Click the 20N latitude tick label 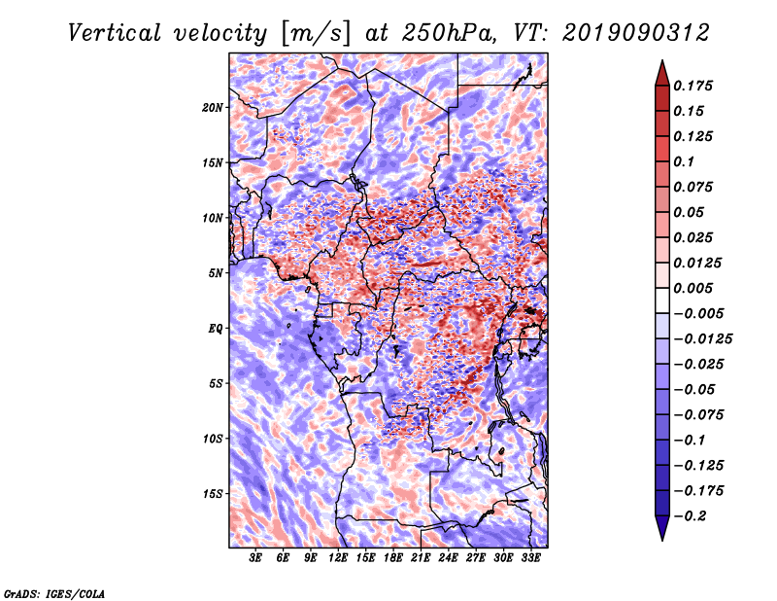click(213, 108)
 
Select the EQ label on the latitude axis click(216, 329)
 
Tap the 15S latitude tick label click(213, 494)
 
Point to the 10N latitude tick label click(213, 218)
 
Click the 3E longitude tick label click(255, 558)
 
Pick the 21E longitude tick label click(421, 558)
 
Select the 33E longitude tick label click(530, 558)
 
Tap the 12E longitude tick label click(338, 558)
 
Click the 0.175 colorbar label click(693, 86)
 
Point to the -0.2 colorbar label click(691, 516)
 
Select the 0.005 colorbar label click(693, 288)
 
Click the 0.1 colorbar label click(684, 161)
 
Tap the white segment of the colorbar click(662, 300)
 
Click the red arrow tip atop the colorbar click(662, 60)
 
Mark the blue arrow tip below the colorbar click(662, 540)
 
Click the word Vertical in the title click(115, 33)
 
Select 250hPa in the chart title click(449, 33)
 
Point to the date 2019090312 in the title click(636, 33)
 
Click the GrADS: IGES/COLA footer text click(54, 593)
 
